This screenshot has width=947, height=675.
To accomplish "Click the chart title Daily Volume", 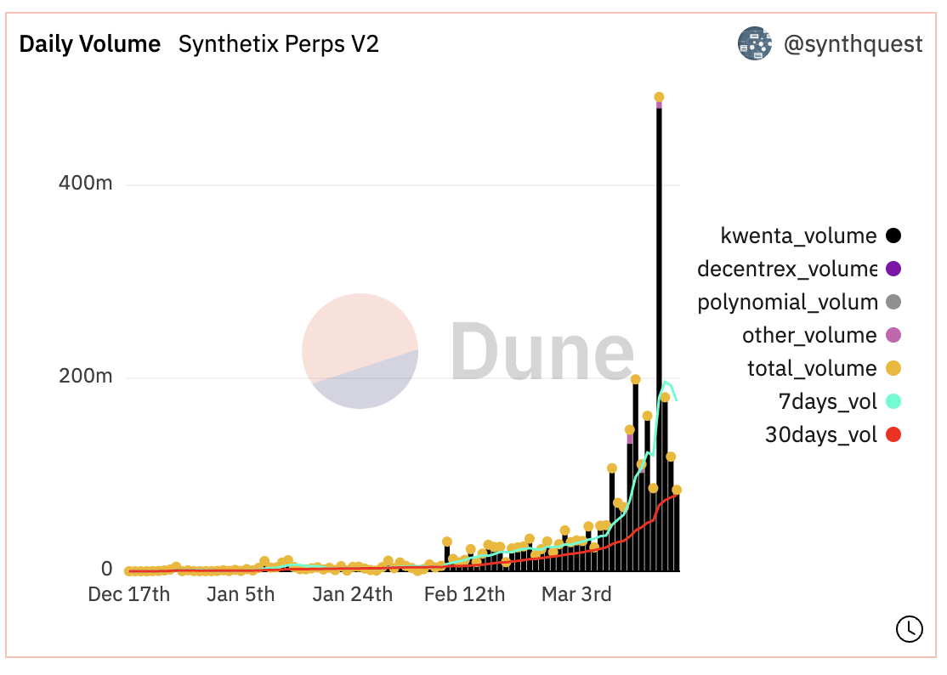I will point(90,44).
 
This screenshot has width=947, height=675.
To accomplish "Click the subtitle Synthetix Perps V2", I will point(278,44).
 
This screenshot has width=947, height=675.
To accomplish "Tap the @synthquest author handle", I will point(853,44).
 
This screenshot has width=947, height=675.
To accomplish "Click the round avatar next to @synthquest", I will point(754,43).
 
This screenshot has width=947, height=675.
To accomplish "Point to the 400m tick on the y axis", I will point(85,184).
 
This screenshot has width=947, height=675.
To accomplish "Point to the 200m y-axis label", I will point(85,377).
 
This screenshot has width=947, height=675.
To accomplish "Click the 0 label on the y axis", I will point(107,569).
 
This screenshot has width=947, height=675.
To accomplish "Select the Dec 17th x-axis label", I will point(129,594).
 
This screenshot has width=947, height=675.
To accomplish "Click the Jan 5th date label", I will point(241,594).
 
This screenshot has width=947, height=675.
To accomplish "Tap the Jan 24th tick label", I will point(352,594).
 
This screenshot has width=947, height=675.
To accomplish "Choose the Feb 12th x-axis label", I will point(464,594).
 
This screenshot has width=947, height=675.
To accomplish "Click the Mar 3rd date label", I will point(576,594).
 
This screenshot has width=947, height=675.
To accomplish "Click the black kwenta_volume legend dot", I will point(893,235).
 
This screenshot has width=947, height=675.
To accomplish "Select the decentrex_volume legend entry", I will point(786,269).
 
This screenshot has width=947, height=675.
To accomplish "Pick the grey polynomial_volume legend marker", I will point(893,302).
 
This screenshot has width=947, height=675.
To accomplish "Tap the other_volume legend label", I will point(808,335).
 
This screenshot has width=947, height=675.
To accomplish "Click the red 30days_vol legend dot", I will point(893,435).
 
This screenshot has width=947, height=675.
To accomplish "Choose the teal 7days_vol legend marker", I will point(893,401).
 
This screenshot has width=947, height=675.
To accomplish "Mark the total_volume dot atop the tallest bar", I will point(659,97).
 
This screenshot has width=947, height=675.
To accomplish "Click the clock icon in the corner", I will point(909,628).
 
